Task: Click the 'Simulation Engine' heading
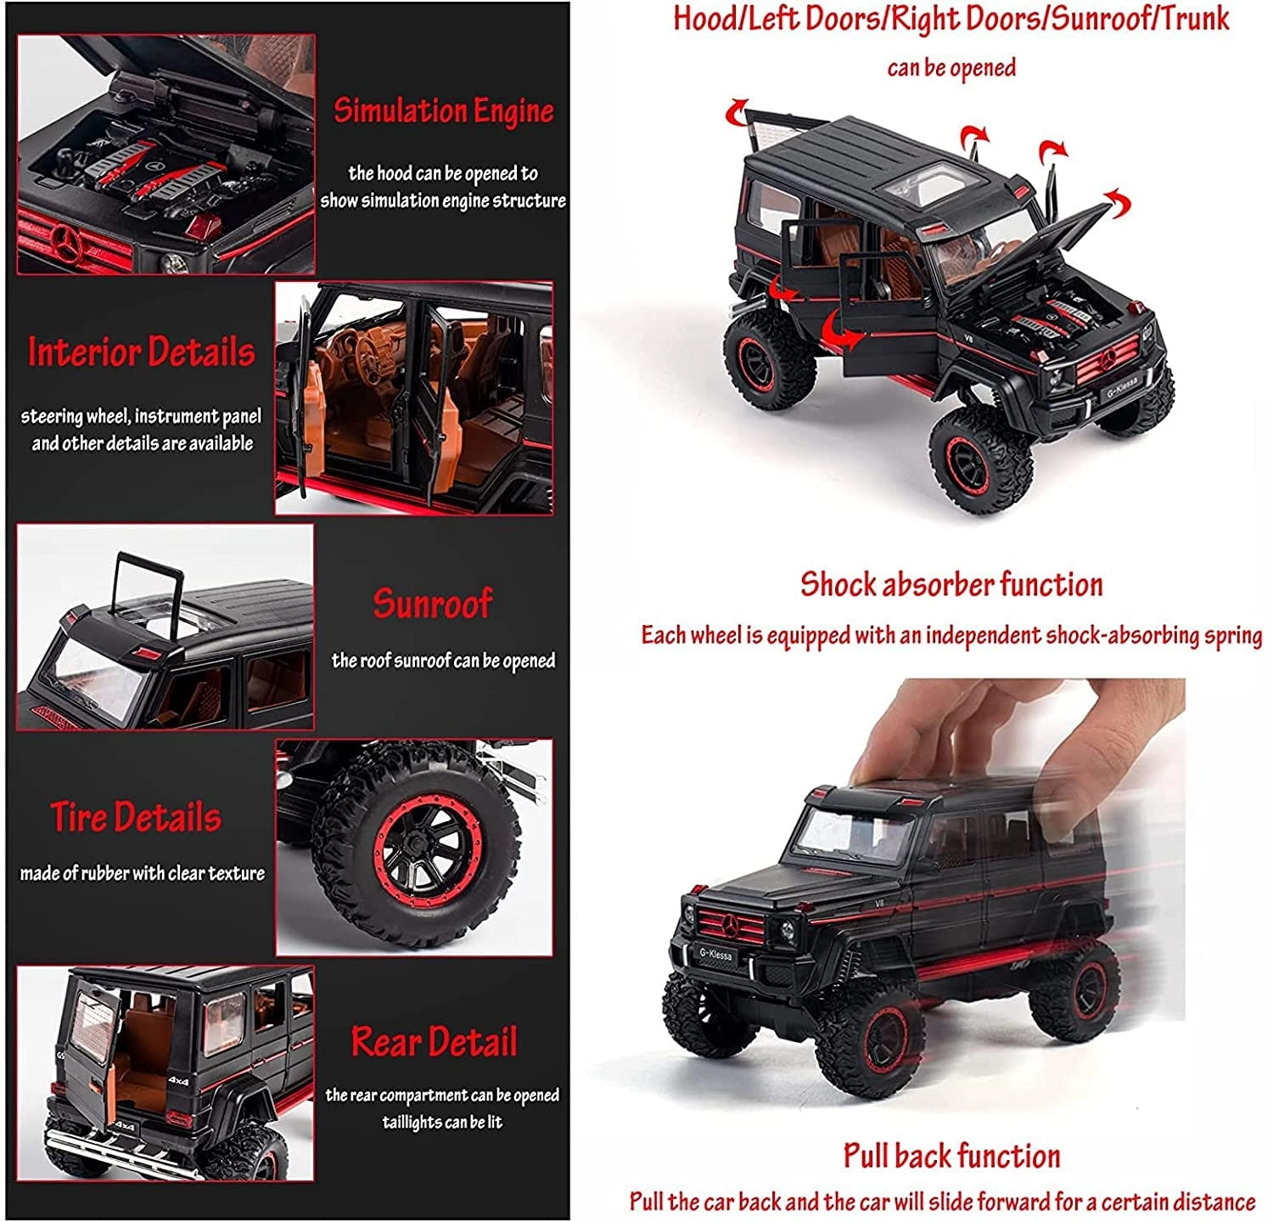tap(443, 111)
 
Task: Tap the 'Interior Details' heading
tap(141, 352)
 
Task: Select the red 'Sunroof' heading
tap(432, 603)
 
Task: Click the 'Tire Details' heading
tap(136, 817)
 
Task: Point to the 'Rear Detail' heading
tap(434, 1042)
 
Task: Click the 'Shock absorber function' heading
tap(951, 584)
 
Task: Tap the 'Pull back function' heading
tap(951, 1156)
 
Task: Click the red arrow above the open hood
tap(1118, 204)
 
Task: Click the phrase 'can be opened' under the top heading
tap(951, 68)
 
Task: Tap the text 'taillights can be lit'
tap(441, 1123)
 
